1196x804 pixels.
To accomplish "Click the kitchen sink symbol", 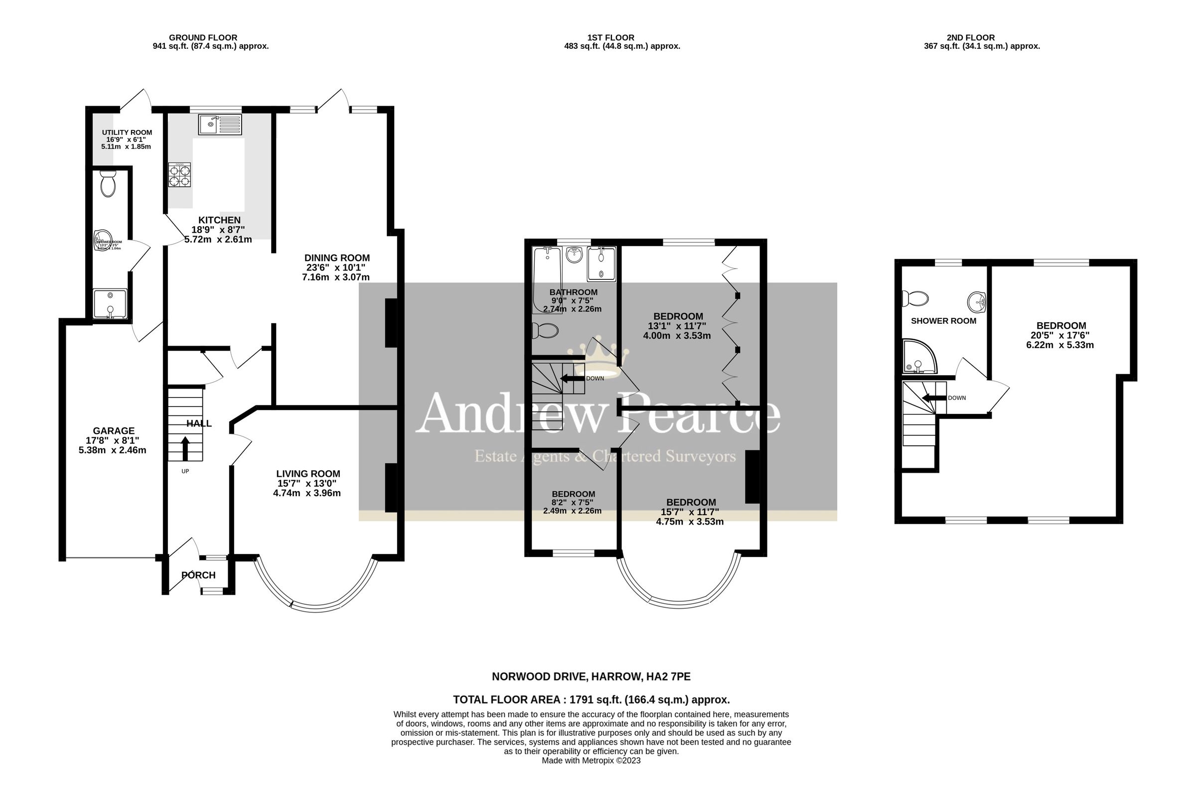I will point(220,125).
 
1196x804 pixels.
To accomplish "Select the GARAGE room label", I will point(113,431).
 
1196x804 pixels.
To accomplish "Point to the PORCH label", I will point(198,575).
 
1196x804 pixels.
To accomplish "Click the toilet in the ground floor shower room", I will point(108,184).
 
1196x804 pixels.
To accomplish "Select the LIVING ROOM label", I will point(307,474).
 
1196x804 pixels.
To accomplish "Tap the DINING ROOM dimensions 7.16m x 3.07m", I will point(335,277).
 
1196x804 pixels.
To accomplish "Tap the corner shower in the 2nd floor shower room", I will point(918,357).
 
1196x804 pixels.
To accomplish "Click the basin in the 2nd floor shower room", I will point(977,302).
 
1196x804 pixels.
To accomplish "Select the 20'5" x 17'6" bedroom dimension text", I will point(1059,335).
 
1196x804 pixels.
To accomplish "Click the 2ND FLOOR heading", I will point(970,37).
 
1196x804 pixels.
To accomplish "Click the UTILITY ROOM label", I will point(127,133).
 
